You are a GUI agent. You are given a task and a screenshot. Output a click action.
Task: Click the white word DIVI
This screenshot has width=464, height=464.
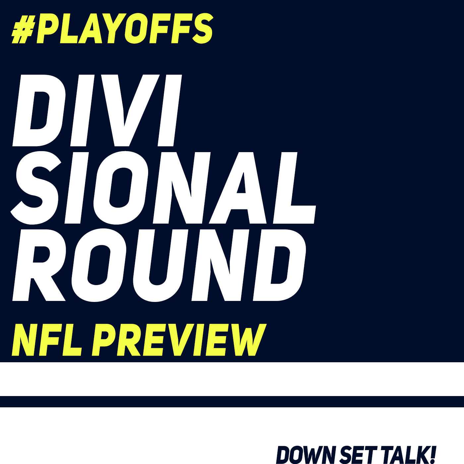coord(97,110)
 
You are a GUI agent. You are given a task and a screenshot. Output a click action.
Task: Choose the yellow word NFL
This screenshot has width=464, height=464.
coord(46,340)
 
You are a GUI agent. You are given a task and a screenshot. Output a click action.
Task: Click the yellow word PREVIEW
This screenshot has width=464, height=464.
coord(179,340)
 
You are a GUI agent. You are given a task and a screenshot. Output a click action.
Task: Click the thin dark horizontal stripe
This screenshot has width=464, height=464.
coord(232,402)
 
